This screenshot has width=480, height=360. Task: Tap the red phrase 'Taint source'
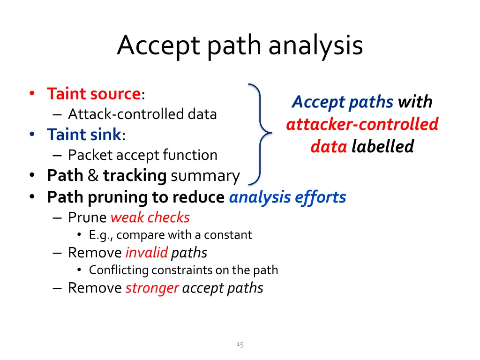94,94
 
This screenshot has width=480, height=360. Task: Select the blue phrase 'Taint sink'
84,135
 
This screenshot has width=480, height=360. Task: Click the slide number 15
240,345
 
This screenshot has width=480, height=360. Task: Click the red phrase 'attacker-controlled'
362,124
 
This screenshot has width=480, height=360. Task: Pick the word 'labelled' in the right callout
383,147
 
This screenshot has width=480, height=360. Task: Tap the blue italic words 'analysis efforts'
287,197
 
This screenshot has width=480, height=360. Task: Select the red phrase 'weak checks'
150,217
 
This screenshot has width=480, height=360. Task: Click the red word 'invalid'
146,253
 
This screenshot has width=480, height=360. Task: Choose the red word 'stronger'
152,288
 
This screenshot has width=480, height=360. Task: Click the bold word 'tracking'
135,176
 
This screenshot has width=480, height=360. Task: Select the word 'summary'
205,176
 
